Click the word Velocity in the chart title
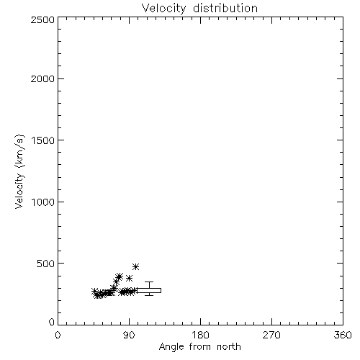click(163, 9)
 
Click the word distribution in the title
click(225, 8)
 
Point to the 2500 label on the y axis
click(42, 19)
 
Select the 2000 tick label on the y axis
click(42, 78)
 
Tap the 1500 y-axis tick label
click(43, 140)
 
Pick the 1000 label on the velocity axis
click(43, 202)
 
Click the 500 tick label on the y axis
click(46, 264)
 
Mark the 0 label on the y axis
click(52, 322)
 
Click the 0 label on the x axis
click(58, 335)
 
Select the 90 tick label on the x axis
click(129, 335)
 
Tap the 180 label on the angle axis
click(199, 335)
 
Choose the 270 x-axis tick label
click(271, 335)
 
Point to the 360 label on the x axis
click(343, 335)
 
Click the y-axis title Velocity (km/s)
click(19, 171)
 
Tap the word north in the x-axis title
click(229, 346)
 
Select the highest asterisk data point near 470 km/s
click(136, 266)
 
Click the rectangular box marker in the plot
click(149, 290)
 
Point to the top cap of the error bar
click(149, 282)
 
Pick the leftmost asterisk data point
click(94, 291)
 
